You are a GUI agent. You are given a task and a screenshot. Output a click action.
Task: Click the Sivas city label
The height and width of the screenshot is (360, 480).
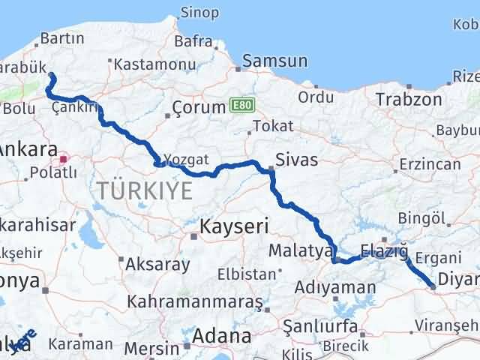[x=297, y=160]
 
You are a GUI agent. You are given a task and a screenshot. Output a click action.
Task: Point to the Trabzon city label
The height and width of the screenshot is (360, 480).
[x=408, y=99]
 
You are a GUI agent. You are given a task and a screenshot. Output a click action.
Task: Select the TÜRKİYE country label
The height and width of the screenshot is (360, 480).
[x=144, y=191]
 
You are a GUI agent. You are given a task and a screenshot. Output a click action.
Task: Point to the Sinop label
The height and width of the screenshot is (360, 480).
[x=199, y=13]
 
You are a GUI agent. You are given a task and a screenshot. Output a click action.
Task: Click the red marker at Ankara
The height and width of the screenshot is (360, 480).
[x=64, y=158]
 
